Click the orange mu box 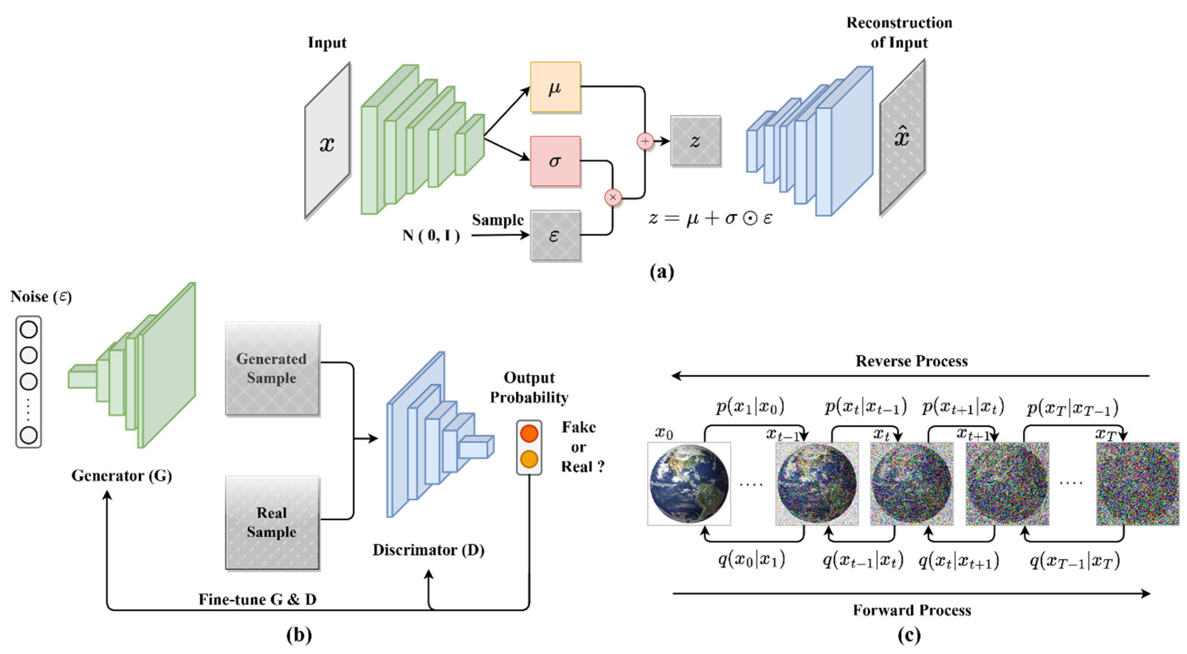(x=555, y=87)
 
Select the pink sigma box (x=555, y=161)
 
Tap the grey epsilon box (x=555, y=235)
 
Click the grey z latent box (x=695, y=141)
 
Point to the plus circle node (x=645, y=141)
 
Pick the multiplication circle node (x=613, y=198)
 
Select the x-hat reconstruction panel (x=902, y=138)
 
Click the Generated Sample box (x=272, y=369)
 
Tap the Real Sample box (x=272, y=523)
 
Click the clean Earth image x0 (x=689, y=484)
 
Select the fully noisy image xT (x=1137, y=484)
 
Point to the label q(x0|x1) (x=751, y=560)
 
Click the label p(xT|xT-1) (x=1073, y=408)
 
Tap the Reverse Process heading (x=911, y=361)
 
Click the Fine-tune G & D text (x=257, y=599)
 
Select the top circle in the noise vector (x=28, y=330)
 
